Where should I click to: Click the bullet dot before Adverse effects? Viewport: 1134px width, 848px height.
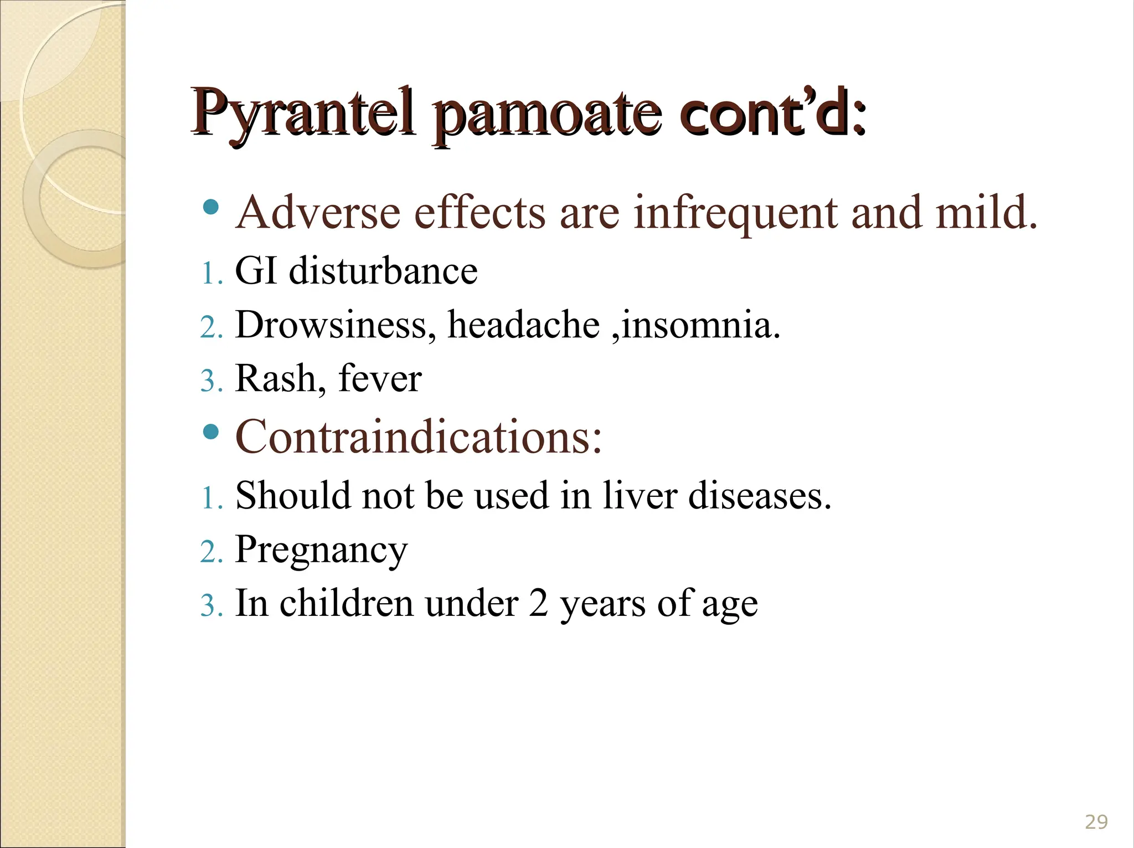(x=211, y=207)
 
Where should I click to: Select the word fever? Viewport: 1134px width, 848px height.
(x=380, y=379)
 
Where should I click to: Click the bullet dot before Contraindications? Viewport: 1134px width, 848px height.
(x=211, y=431)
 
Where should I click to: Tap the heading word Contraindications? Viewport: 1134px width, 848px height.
(x=419, y=438)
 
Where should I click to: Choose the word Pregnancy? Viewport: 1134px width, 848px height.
(x=321, y=550)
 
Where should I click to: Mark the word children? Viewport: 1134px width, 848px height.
(x=347, y=603)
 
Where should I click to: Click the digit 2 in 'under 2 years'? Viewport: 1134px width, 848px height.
(x=538, y=603)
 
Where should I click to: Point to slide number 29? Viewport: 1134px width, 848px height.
(x=1096, y=821)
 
